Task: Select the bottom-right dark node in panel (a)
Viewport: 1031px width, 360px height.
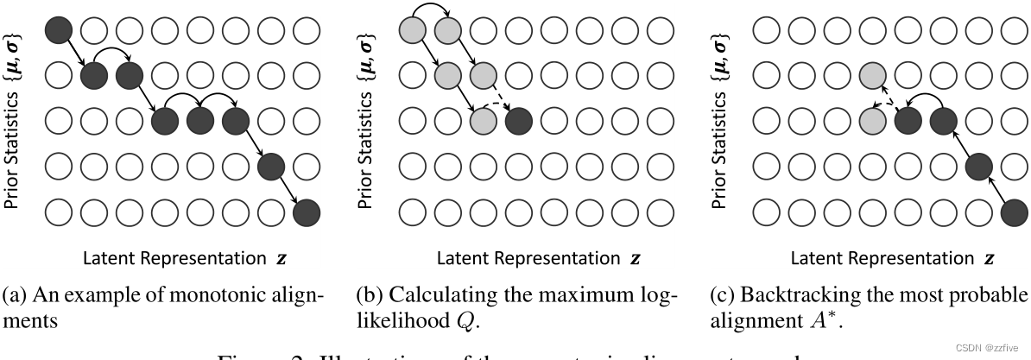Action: [307, 211]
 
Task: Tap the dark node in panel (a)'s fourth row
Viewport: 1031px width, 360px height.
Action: [271, 165]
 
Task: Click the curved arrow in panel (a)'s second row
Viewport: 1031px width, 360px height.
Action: [111, 55]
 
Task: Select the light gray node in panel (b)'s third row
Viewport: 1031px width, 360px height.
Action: [484, 120]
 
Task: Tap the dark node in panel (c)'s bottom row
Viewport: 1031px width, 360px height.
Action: [1014, 211]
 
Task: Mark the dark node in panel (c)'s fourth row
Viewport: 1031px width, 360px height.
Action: [978, 165]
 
